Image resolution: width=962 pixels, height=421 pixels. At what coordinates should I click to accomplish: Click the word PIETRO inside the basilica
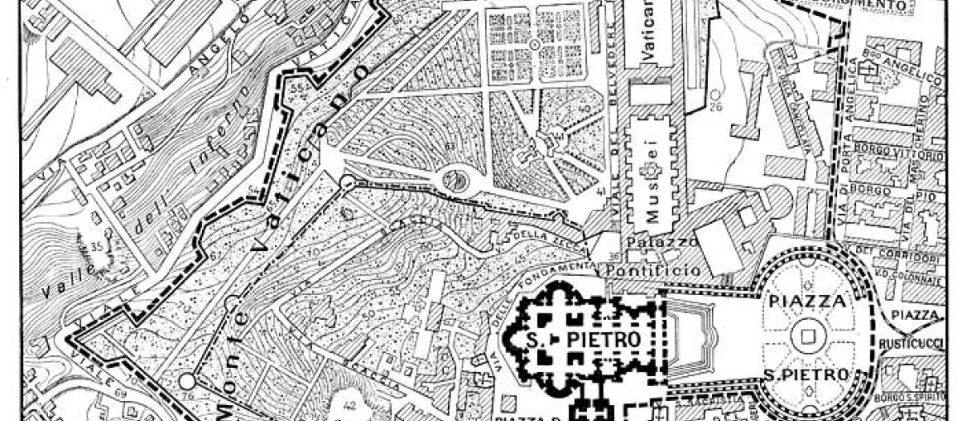click(x=603, y=340)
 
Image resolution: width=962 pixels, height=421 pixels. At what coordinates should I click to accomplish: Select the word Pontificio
click(x=653, y=271)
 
